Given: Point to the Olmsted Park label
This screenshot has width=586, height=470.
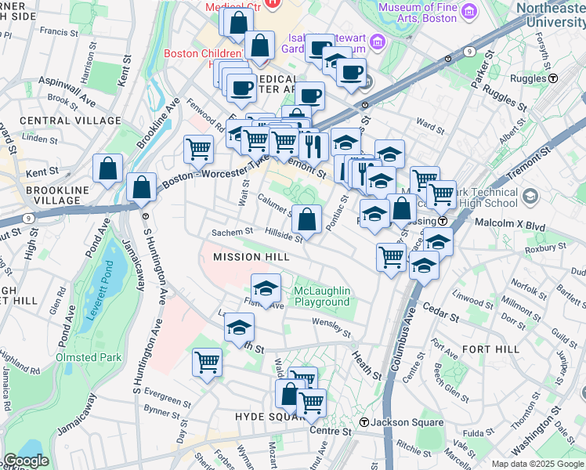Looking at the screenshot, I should coord(89,357).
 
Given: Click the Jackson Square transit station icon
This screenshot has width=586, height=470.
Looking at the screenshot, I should coord(364,423).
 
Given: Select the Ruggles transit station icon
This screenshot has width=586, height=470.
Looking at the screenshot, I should coord(553,78).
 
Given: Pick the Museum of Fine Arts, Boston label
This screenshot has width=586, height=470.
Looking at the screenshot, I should coord(428,13).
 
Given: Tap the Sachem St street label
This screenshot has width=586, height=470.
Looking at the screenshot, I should coord(232,232).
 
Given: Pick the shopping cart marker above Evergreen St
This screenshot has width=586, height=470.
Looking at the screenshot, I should coord(208,362).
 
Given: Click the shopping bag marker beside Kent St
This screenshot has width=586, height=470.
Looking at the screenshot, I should coord(107,168).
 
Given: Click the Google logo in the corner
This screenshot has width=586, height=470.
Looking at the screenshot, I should coord(25,461).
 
